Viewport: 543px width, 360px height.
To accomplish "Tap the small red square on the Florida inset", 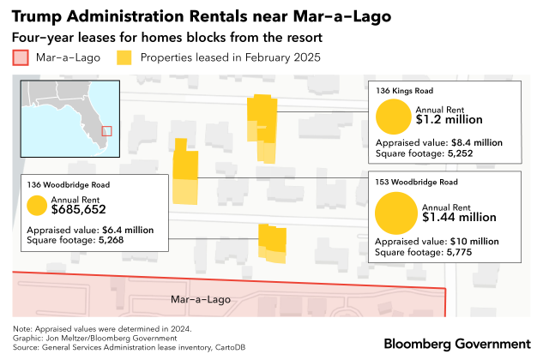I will coord(106,130).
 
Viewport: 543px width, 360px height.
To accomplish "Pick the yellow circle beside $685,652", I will coord(37,206).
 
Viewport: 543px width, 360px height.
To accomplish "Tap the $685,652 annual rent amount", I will coord(78,209).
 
